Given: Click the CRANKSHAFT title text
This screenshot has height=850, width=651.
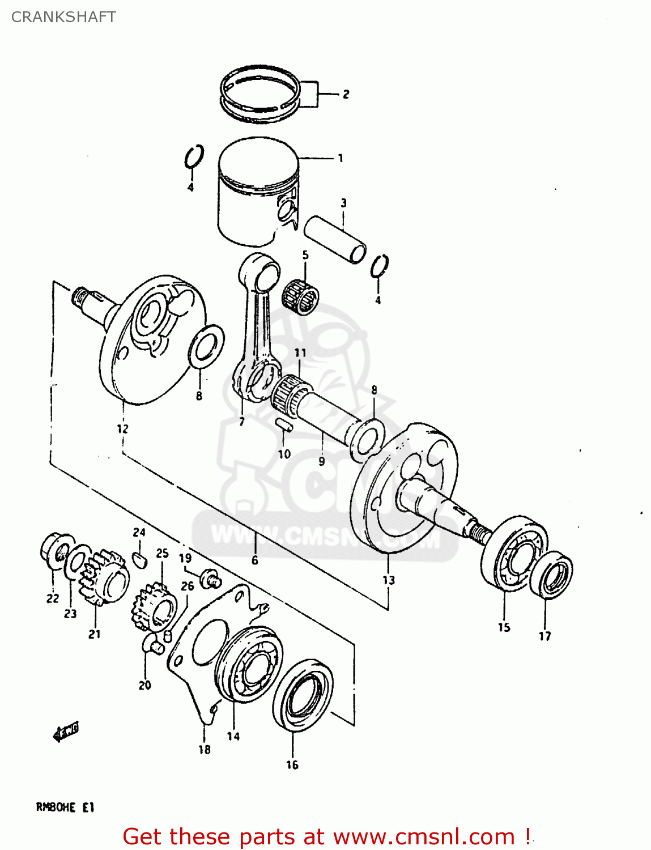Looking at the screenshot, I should point(63,17).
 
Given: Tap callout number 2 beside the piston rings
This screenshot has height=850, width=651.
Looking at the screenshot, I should point(346,95).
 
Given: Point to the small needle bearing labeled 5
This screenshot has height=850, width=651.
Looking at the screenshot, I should point(300,295).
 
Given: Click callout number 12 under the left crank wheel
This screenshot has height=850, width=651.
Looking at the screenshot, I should point(122,429).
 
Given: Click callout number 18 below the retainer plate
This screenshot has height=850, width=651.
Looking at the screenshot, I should point(204,750).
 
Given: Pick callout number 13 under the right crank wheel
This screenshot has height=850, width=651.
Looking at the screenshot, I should point(388,580).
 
